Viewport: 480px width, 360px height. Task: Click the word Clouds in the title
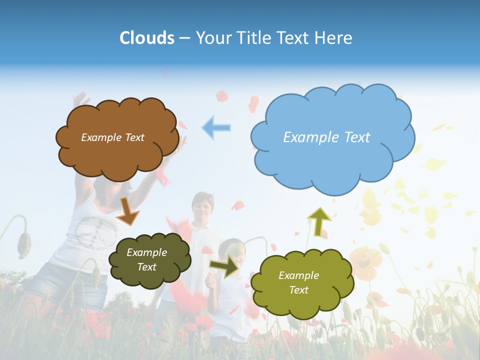pos(147,38)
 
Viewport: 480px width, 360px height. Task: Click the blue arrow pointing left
pos(216,127)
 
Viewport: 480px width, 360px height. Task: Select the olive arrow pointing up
pos(318,221)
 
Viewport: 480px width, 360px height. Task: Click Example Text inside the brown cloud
pos(112,137)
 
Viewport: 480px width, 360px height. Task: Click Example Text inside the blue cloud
pos(326,137)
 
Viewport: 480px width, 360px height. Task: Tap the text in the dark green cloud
pos(147,259)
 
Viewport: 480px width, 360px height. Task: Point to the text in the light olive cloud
pos(298,282)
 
